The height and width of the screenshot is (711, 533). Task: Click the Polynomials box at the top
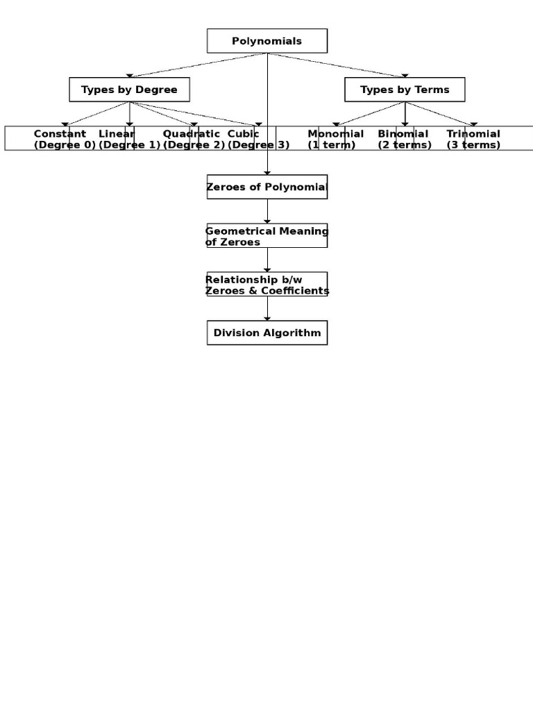(x=267, y=41)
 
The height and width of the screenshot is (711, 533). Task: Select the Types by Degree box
(x=129, y=90)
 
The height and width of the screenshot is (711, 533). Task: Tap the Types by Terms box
(x=405, y=90)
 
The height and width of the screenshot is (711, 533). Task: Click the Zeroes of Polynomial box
(x=267, y=187)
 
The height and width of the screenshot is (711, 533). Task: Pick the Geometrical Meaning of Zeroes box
(x=267, y=236)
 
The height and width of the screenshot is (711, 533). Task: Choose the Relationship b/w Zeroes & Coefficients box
(x=267, y=285)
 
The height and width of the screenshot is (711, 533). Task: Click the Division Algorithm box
(x=267, y=333)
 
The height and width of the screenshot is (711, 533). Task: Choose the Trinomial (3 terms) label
(x=473, y=139)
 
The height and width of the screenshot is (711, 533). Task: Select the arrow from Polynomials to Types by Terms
(x=337, y=65)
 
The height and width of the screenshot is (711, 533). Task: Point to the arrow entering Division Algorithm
(x=267, y=310)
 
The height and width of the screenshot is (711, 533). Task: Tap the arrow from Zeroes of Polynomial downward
(x=267, y=211)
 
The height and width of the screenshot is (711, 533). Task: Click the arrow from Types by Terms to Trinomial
(x=440, y=114)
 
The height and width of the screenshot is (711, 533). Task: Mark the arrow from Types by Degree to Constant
(x=96, y=114)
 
